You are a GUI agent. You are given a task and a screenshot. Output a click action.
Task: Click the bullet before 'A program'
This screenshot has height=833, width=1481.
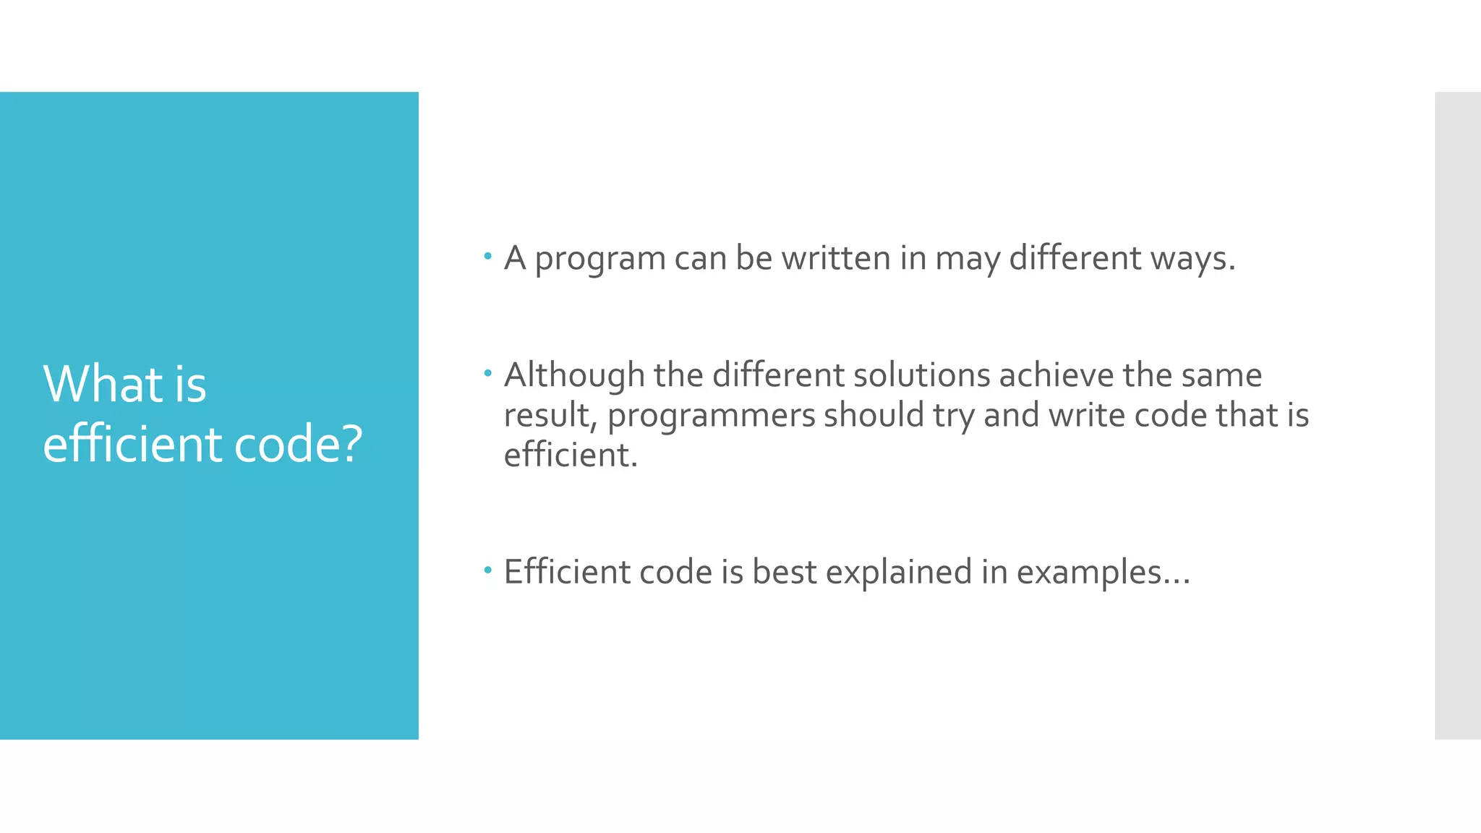(x=488, y=255)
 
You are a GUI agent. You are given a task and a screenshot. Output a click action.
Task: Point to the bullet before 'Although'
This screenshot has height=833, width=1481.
(x=488, y=373)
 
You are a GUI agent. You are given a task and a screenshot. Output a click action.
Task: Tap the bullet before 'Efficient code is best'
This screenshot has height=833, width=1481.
(x=488, y=571)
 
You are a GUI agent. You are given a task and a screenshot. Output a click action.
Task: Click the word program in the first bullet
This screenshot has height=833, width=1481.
(x=599, y=259)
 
